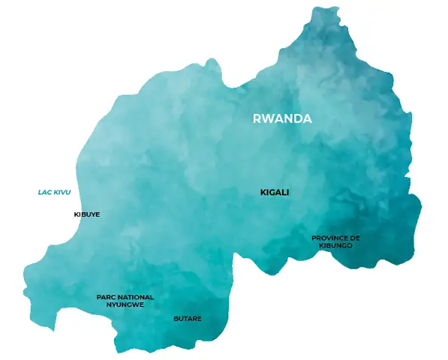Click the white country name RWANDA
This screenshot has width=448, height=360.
[282, 118]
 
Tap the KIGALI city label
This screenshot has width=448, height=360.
[274, 193]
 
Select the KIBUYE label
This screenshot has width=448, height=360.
[86, 214]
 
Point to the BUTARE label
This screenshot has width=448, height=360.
[188, 319]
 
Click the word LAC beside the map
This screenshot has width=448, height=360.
[44, 193]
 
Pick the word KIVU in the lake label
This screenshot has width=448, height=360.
[62, 193]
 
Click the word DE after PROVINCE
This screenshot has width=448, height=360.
[356, 238]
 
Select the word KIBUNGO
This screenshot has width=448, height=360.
[335, 245]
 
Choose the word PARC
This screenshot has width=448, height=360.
[105, 297]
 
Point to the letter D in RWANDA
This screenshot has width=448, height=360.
[295, 118]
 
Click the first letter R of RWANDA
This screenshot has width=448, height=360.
[257, 118]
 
